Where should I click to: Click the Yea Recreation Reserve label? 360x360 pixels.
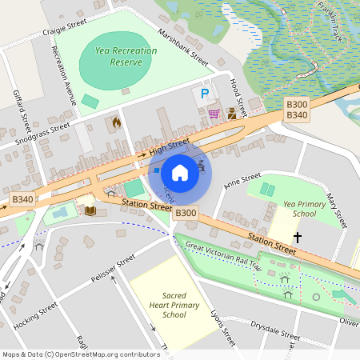click(x=126, y=56)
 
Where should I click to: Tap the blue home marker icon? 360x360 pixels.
click(x=180, y=172)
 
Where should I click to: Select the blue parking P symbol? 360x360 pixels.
click(x=205, y=94)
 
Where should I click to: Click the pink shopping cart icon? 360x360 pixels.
click(x=214, y=113)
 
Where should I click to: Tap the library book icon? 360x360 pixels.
click(x=90, y=210)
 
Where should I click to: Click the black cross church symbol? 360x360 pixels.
click(x=298, y=237)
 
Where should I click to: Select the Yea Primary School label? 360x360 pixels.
click(x=298, y=209)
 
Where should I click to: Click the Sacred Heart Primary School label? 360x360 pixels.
click(x=168, y=304)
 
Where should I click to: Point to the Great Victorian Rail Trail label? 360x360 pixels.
click(x=223, y=255)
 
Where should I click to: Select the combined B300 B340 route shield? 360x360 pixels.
click(x=297, y=110)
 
